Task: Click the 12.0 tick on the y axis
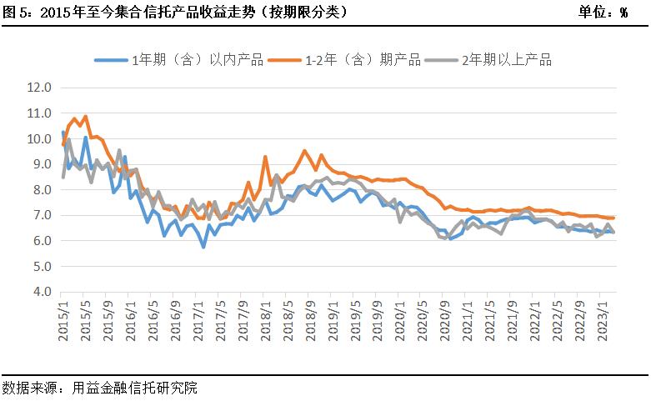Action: (x=39, y=88)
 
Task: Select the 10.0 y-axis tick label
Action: (x=39, y=139)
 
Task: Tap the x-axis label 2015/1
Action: (x=63, y=320)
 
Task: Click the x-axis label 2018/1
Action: (x=265, y=320)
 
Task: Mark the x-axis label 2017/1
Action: (x=198, y=320)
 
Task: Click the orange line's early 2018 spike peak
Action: (x=265, y=157)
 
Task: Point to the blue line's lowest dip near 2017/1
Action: (x=203, y=247)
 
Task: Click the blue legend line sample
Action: (x=111, y=60)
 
